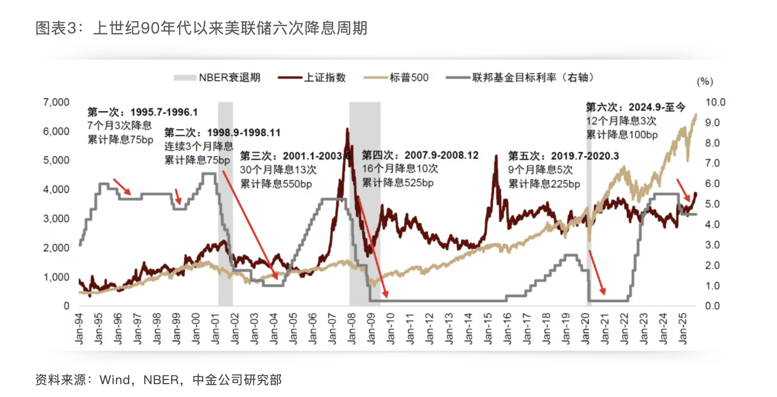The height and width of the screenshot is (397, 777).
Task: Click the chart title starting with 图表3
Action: [x=201, y=28]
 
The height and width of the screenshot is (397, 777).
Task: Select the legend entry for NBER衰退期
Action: [x=217, y=78]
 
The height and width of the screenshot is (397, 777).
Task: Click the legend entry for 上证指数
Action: [x=312, y=78]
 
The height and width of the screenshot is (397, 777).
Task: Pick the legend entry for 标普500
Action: [x=396, y=78]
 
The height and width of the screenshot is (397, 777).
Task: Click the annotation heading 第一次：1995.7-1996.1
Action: [x=143, y=112]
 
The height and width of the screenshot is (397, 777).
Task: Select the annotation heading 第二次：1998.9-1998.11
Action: [x=222, y=133]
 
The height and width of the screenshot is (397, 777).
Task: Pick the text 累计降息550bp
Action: [x=276, y=184]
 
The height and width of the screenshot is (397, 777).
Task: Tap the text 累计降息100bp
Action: [x=622, y=135]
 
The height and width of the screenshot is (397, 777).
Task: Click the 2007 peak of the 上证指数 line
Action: [x=347, y=130]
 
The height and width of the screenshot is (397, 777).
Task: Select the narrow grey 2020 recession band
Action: [x=589, y=206]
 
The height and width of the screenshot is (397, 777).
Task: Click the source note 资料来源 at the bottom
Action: [x=158, y=380]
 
